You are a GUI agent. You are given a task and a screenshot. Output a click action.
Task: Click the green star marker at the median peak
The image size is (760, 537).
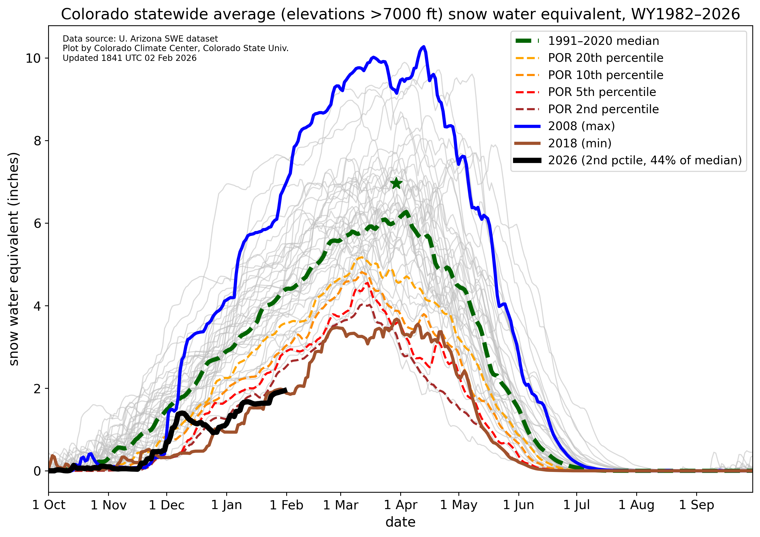coord(396,183)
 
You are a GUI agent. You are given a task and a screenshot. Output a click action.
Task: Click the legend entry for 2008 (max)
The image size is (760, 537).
coord(581,126)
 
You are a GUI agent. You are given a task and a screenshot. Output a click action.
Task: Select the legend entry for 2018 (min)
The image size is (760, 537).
coord(579,143)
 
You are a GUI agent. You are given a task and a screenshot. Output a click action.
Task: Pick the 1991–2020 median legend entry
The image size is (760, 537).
coord(604,41)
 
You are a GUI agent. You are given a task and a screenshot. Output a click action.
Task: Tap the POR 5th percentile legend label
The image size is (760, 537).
coord(602,92)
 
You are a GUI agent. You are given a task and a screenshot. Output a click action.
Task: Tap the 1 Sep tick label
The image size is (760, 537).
coord(696,505)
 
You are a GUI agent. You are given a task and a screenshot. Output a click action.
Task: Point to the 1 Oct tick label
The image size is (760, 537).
coord(49,505)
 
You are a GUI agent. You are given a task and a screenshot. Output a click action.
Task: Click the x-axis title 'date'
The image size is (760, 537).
coord(400,522)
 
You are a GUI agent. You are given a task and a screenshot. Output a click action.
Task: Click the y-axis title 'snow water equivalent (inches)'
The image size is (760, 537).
coord(14,259)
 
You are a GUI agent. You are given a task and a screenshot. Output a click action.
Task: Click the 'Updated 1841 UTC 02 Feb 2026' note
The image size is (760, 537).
coord(129,58)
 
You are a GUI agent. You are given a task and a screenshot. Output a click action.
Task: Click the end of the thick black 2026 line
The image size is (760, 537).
coord(286,390)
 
